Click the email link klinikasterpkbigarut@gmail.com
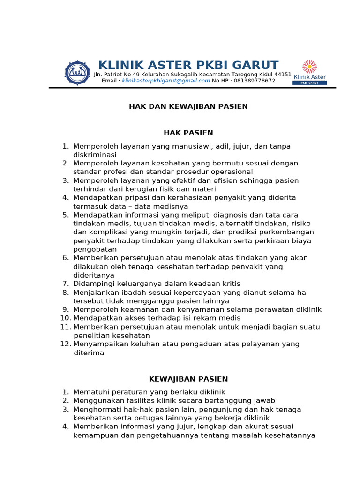click(x=166, y=81)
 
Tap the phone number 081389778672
click(x=248, y=81)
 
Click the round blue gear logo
click(x=77, y=73)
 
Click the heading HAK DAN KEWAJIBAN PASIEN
click(x=188, y=106)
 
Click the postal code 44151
click(x=283, y=75)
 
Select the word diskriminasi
click(x=95, y=155)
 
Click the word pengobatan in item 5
click(x=95, y=249)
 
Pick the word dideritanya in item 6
click(x=94, y=275)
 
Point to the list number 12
click(x=65, y=344)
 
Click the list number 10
click(x=65, y=318)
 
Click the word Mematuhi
click(x=90, y=392)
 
